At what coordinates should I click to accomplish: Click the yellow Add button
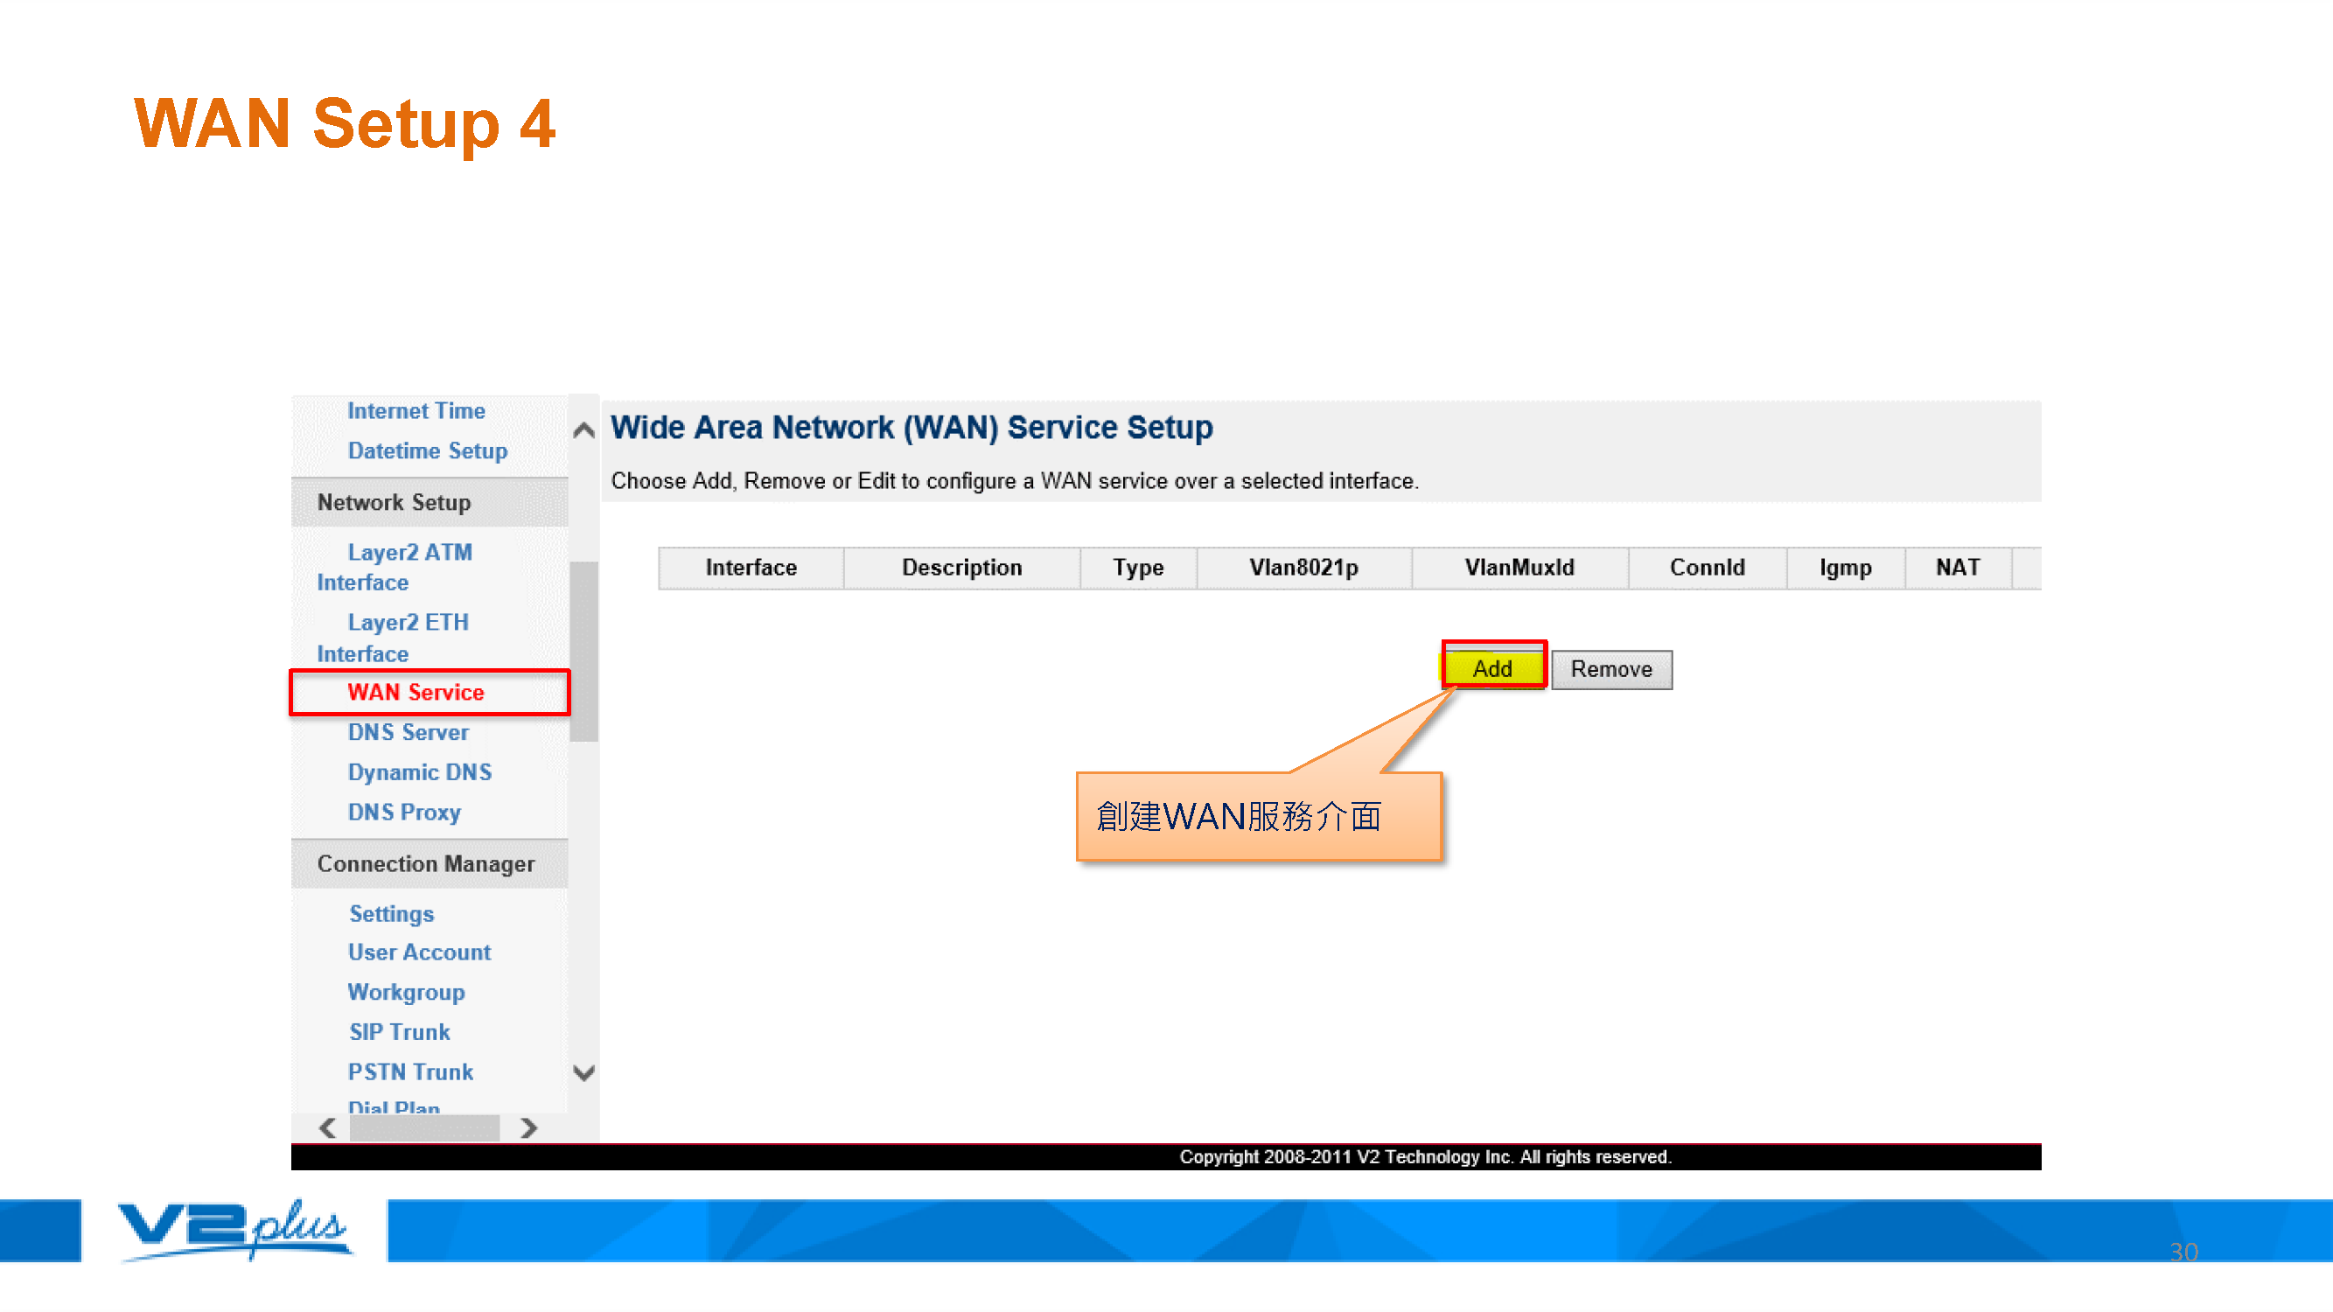pos(1492,668)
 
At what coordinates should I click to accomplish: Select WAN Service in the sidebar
pos(416,692)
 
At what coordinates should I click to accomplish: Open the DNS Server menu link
pos(409,731)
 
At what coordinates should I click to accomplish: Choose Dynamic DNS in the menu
pos(419,771)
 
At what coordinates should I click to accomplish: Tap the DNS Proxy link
pos(404,813)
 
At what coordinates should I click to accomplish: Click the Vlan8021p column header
pos(1303,568)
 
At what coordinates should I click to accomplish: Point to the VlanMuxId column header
pos(1519,568)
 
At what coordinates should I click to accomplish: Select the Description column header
pos(962,568)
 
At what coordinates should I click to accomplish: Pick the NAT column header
pos(1957,568)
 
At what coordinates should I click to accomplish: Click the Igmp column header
pos(1846,568)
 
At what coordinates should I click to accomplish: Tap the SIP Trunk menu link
pos(400,1031)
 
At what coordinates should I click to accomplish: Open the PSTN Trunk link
pos(410,1071)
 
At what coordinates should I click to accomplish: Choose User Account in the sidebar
pos(419,952)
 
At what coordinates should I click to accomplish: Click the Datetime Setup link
pos(428,450)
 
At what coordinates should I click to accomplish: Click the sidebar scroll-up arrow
pos(584,430)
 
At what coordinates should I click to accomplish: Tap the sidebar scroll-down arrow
pos(584,1073)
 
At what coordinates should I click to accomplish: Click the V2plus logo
pos(233,1230)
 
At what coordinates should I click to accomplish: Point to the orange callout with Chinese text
pos(1258,815)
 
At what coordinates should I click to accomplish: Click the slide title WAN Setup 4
pos(344,123)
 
